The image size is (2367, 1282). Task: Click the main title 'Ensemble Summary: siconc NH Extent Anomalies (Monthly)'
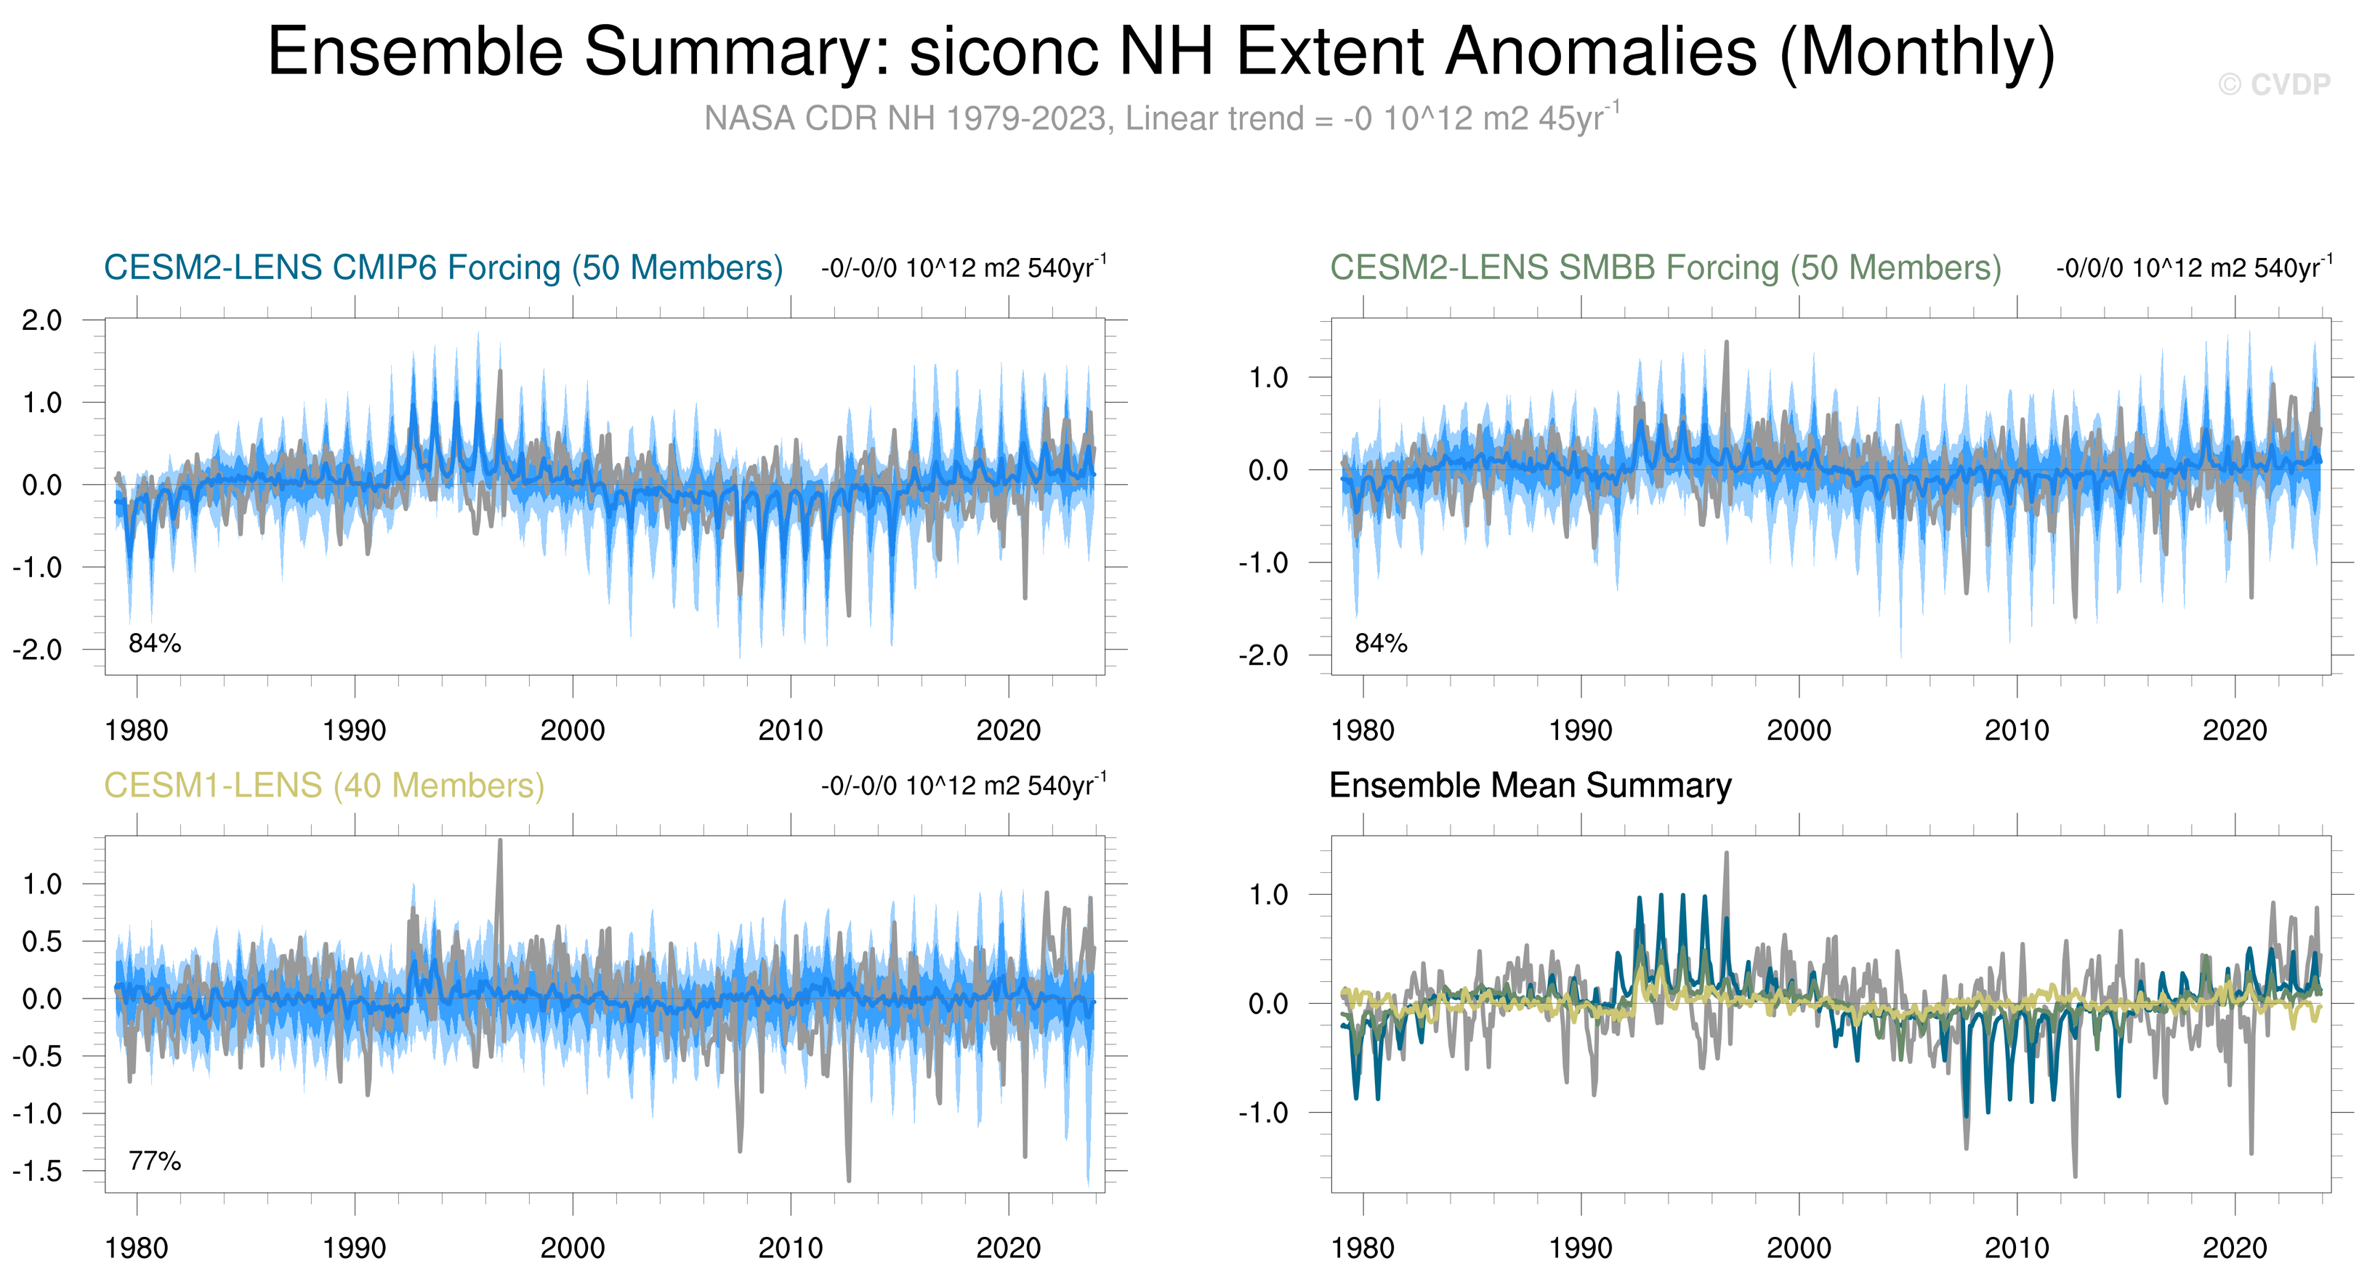tap(1161, 52)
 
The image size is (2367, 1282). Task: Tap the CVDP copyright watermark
tap(2274, 84)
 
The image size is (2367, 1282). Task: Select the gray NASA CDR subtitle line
tap(1161, 118)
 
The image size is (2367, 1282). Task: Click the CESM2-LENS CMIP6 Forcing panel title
tap(443, 267)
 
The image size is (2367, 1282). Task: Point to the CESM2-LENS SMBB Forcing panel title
tap(1665, 267)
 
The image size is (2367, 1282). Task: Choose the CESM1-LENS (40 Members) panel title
tap(324, 786)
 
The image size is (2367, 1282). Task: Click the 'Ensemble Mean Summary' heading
tap(1530, 786)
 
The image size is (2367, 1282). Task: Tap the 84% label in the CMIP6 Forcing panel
tap(154, 643)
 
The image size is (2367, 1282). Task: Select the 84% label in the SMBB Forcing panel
tap(1381, 643)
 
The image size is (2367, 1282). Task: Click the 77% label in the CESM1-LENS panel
tap(154, 1161)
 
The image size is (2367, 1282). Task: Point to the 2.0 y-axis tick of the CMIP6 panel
tap(42, 320)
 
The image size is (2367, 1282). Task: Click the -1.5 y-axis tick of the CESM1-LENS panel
tap(38, 1171)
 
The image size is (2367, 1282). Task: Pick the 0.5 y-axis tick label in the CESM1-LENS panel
tap(42, 941)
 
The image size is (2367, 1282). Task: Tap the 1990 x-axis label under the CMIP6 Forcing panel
tap(355, 730)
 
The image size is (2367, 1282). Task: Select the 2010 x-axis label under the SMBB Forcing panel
tap(2017, 730)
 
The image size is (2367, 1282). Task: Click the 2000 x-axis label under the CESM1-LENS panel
tap(573, 1248)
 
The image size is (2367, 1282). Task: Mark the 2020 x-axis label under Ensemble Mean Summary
tap(2235, 1248)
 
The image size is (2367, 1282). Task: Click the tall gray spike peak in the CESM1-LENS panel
tap(500, 840)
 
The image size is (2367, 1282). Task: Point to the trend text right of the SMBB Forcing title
tap(2194, 267)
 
